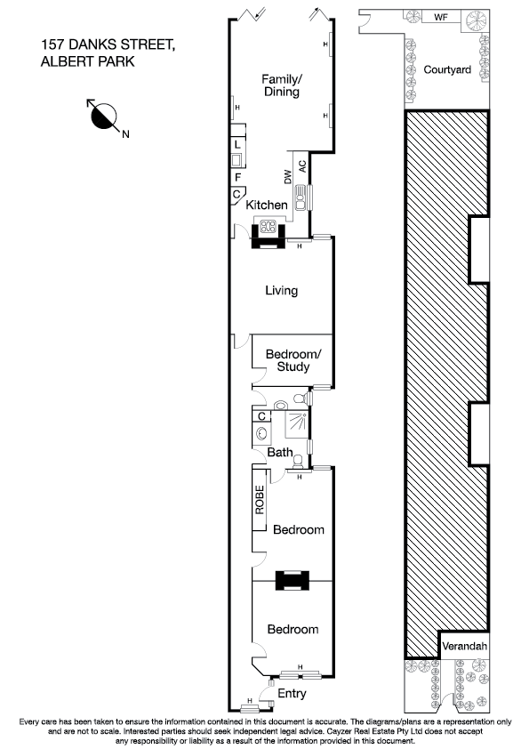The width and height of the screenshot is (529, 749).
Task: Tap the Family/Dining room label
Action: click(280, 85)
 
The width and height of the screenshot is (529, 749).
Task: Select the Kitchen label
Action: click(267, 205)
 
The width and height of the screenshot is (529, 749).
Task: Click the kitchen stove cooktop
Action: click(267, 225)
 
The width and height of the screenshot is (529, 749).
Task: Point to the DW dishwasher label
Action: click(287, 177)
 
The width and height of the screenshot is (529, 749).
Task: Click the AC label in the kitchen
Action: click(302, 165)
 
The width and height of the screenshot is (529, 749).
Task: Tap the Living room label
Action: click(281, 291)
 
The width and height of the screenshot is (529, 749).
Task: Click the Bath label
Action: click(280, 453)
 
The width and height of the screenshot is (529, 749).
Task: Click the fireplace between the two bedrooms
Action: click(292, 580)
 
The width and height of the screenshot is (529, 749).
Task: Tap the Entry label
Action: click(292, 693)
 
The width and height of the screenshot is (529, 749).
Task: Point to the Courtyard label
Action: click(445, 69)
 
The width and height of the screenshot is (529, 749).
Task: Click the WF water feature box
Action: click(440, 17)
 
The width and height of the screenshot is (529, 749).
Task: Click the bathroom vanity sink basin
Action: click(261, 434)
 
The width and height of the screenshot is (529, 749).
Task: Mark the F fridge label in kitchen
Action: click(237, 177)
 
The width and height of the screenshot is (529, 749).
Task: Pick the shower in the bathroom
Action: click(296, 425)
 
